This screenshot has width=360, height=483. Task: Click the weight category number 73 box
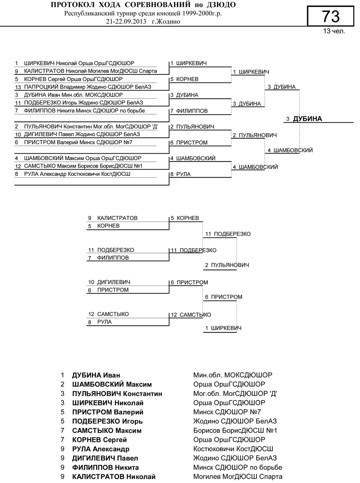tap(330, 16)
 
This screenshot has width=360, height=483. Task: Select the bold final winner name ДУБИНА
tap(307, 119)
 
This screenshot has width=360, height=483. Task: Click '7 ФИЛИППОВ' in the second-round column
tap(189, 111)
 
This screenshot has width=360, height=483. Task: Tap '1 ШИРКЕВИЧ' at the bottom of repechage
tap(223, 328)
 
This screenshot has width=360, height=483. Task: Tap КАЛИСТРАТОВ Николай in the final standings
tap(114, 477)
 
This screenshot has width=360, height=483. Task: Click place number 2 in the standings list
tap(62, 384)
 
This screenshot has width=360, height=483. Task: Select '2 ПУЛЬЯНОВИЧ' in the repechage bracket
tap(227, 265)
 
